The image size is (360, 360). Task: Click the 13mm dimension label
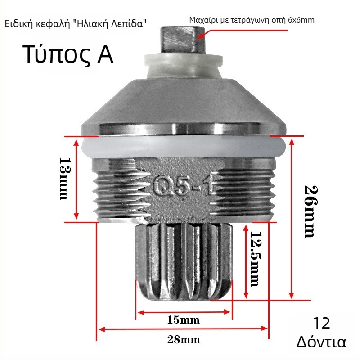click(64, 179)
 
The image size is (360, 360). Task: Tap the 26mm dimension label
click(311, 212)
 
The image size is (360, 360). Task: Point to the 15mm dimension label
click(184, 320)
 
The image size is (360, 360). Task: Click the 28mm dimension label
click(184, 339)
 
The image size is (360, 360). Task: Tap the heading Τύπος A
click(68, 54)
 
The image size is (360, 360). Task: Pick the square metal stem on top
click(179, 40)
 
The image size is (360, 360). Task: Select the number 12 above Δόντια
click(321, 323)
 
